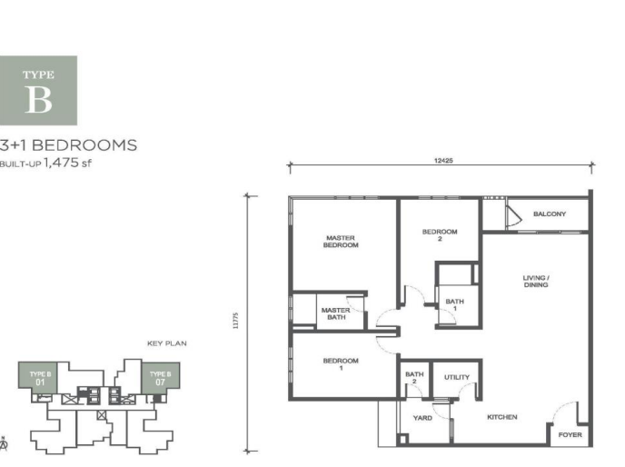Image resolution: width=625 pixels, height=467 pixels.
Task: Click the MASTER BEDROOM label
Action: [x=341, y=242]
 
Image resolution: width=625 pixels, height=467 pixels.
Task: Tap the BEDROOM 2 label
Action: [x=440, y=235]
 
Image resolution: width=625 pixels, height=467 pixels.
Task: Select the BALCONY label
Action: [x=550, y=214]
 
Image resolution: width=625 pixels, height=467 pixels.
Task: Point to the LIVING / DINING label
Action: [x=536, y=281]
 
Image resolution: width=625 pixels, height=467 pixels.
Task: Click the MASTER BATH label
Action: [x=336, y=313]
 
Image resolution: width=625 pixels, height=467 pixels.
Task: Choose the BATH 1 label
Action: [x=455, y=304]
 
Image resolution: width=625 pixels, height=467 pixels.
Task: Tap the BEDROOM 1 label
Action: [x=341, y=364]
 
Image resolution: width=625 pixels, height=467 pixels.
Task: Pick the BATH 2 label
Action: [x=414, y=377]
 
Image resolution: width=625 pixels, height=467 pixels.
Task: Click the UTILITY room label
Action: [x=457, y=377]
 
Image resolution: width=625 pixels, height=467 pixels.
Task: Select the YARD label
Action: [x=422, y=418]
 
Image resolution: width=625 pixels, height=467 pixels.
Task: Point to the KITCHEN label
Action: [x=502, y=417]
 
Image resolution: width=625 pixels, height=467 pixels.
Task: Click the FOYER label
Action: [x=570, y=434]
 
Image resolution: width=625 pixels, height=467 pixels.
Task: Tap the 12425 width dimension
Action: [x=443, y=161]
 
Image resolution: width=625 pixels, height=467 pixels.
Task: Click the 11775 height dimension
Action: [x=235, y=321]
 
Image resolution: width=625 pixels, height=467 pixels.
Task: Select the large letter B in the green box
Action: [x=39, y=100]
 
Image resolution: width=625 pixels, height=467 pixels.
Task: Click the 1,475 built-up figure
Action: [x=61, y=163]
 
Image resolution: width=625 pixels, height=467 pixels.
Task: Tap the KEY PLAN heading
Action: [x=167, y=343]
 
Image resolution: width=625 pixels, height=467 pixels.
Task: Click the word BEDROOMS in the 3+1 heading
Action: [x=84, y=145]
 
